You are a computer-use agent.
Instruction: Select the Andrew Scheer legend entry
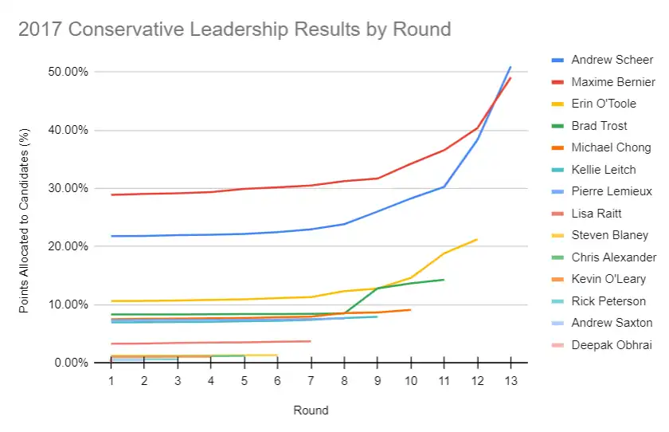point(602,60)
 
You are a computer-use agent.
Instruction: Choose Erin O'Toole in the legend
point(593,104)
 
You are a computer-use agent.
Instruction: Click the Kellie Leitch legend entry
point(593,170)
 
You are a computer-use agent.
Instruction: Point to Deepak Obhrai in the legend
point(601,345)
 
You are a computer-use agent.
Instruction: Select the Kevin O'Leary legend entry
point(599,279)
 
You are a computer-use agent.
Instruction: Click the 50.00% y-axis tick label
point(68,72)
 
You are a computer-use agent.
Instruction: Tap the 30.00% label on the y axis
point(68,188)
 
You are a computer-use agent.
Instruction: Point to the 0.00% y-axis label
point(71,363)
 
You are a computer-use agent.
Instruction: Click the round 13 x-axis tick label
point(511,381)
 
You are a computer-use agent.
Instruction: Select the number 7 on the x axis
point(311,381)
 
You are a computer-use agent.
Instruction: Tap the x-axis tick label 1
point(111,381)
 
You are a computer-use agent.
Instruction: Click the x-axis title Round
point(311,410)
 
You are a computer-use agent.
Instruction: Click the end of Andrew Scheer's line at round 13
point(511,67)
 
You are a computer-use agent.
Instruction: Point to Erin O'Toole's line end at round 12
point(477,239)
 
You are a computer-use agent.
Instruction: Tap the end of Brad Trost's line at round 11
point(444,280)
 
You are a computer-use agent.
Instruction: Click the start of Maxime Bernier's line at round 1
point(111,194)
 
